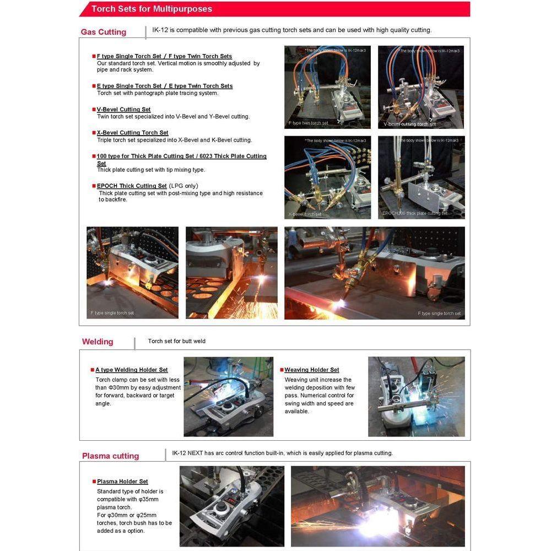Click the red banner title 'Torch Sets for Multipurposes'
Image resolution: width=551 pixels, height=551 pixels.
[x=152, y=9]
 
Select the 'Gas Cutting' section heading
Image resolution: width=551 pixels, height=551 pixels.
[x=104, y=32]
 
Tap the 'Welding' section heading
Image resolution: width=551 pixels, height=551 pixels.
[x=98, y=342]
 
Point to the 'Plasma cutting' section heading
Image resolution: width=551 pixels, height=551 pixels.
[x=110, y=456]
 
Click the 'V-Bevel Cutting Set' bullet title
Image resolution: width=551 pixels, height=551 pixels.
[x=123, y=110]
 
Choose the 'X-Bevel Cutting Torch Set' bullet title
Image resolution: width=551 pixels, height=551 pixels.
[x=132, y=133]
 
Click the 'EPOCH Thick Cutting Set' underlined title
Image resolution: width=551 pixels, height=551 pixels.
[x=132, y=186]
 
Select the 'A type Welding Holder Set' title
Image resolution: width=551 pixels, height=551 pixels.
[x=132, y=370]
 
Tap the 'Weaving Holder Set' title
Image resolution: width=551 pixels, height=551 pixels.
[x=312, y=370]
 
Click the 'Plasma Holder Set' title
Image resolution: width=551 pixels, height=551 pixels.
[x=122, y=482]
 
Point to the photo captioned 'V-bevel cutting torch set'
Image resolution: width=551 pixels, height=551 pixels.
[x=421, y=87]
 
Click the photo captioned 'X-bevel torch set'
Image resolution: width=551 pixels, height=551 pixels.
[x=327, y=177]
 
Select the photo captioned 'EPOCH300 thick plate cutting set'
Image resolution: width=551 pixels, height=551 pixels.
[x=421, y=177]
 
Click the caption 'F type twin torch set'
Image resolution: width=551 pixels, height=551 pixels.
[x=308, y=123]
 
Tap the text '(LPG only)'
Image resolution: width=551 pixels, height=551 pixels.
[x=183, y=186]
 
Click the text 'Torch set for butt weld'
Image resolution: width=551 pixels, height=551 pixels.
[x=176, y=341]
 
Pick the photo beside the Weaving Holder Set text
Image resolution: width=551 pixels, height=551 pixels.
[x=416, y=396]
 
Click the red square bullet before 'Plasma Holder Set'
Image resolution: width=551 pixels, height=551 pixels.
[x=94, y=482]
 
